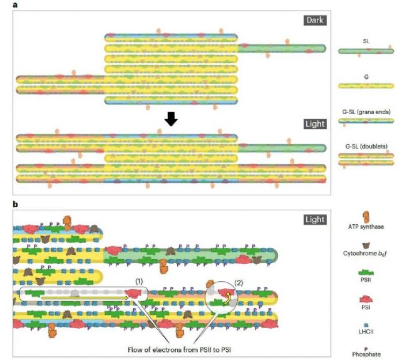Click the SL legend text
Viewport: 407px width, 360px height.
tap(366, 40)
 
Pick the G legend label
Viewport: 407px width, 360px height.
tap(366, 75)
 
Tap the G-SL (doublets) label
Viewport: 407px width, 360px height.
tap(366, 146)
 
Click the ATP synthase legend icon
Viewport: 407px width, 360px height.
tap(365, 219)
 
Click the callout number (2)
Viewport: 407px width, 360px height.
tap(238, 280)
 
